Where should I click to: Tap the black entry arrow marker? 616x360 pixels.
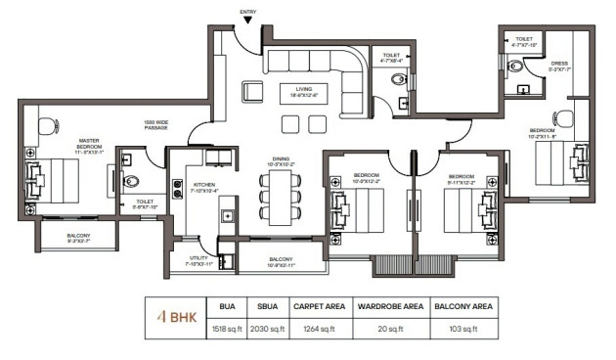pyautogui.click(x=250, y=20)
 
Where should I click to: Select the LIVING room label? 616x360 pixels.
pyautogui.click(x=290, y=90)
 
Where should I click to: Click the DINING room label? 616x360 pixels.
pyautogui.click(x=285, y=161)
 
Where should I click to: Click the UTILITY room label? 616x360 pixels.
pyautogui.click(x=198, y=260)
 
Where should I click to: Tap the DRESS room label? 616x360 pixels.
pyautogui.click(x=559, y=65)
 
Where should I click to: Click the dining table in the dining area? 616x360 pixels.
pyautogui.click(x=281, y=199)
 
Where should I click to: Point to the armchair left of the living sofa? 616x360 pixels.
pyautogui.click(x=253, y=92)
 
